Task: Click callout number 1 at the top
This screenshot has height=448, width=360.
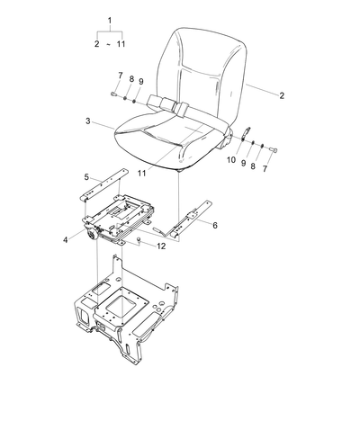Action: tap(110, 21)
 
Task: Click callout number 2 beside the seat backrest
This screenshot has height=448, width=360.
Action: tap(282, 95)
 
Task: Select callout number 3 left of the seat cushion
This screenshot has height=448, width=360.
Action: tap(88, 121)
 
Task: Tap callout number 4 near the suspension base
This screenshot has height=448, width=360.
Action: tap(66, 240)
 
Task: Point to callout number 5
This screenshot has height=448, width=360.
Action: tap(86, 177)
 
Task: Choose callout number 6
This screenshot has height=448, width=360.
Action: tap(215, 225)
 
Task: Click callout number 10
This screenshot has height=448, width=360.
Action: tap(231, 160)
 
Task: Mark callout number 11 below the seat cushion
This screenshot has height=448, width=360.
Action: tap(141, 173)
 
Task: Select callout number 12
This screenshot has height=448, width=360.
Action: tap(161, 246)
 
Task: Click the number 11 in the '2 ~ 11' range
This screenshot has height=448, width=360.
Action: tap(121, 44)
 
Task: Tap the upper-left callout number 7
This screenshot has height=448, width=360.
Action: tap(121, 76)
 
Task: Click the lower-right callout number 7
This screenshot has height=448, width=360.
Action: tap(265, 169)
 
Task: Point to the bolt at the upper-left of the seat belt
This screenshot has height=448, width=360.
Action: tap(114, 94)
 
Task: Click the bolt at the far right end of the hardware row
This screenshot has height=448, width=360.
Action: tap(274, 149)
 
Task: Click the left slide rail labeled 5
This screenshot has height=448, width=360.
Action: tap(104, 185)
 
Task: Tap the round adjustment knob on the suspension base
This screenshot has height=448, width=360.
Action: tap(92, 234)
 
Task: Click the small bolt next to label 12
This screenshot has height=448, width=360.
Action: tap(139, 239)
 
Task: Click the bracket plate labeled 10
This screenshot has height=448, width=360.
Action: tap(246, 132)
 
